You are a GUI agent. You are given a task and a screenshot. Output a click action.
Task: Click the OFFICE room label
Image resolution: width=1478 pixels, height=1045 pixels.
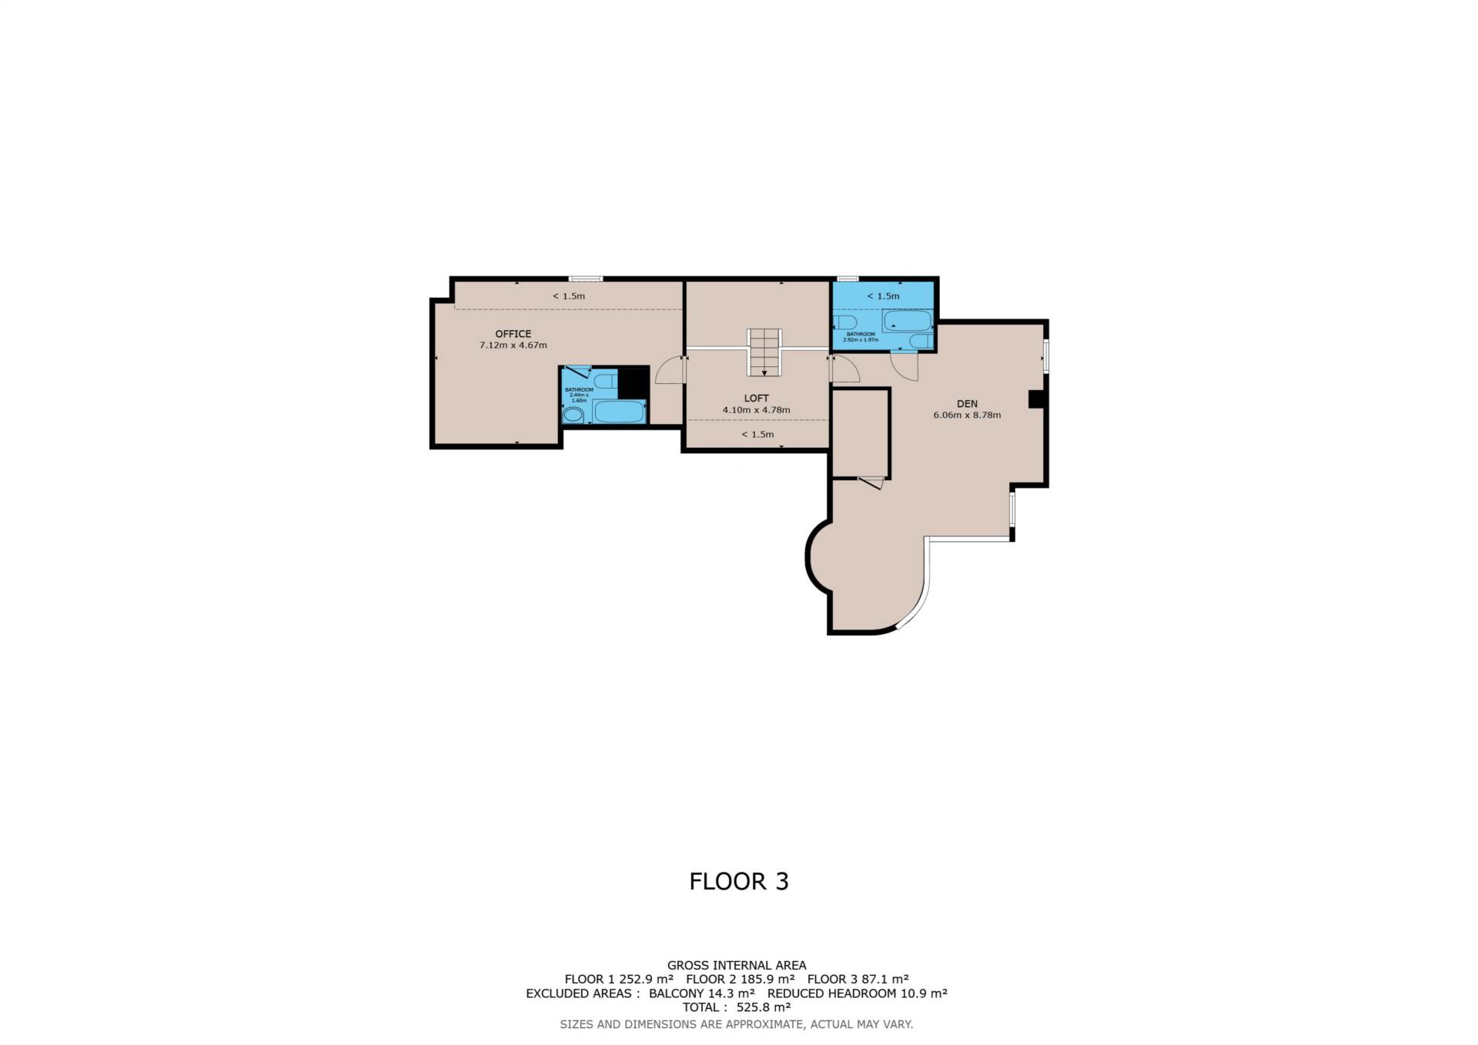[513, 334]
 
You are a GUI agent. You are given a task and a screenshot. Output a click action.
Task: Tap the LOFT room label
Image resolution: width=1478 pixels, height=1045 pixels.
[756, 398]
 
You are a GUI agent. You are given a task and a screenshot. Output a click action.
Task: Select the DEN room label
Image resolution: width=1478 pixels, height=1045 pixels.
[967, 403]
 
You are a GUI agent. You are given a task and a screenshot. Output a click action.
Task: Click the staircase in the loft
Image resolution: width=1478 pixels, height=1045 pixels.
[764, 352]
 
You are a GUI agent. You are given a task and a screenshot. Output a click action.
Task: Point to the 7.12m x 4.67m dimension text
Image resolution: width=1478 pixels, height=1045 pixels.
[513, 346]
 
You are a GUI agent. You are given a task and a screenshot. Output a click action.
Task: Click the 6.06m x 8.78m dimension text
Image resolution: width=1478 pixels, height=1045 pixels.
[967, 415]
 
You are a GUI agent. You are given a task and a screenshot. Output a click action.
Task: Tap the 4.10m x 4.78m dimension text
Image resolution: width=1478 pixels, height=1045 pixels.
[756, 410]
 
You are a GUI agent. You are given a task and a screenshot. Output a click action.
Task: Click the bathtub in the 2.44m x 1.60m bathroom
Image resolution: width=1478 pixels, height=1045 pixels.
[619, 412]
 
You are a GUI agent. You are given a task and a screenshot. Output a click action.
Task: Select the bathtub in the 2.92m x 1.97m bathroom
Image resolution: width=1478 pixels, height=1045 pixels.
[907, 320]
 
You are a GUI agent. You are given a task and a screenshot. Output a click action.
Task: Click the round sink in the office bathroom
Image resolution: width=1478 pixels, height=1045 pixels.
[573, 416]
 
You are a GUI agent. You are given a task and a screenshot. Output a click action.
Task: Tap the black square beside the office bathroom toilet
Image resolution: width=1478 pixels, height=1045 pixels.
[634, 383]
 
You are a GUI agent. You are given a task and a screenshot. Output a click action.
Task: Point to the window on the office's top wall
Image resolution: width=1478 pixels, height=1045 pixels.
[586, 278]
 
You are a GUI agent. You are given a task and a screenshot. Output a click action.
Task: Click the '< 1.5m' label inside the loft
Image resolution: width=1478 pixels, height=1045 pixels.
[757, 434]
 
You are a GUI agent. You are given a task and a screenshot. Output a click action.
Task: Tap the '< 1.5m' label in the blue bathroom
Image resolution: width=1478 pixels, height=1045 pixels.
[883, 295]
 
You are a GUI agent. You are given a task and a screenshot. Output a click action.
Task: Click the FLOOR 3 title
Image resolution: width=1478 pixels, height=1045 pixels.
[739, 881]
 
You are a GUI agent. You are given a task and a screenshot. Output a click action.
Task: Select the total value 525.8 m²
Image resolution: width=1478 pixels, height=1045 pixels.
[763, 1007]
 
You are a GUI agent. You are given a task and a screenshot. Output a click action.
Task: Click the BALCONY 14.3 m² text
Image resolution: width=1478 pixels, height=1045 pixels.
[701, 993]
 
